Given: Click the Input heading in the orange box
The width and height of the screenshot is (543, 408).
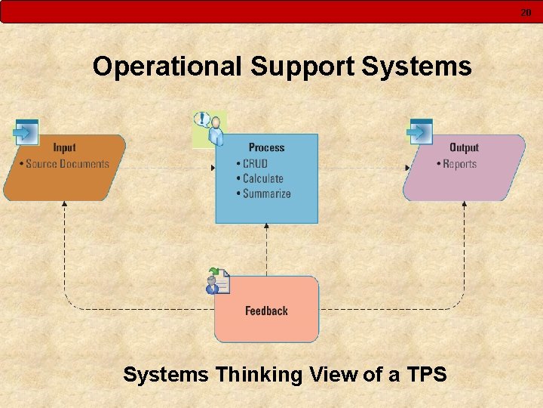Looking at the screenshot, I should pos(64,148).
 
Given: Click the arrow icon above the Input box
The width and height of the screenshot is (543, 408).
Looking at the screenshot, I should pos(26,133).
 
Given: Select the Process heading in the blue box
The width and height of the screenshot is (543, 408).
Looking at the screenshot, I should pos(266,148).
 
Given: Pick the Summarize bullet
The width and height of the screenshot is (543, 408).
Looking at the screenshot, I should pos(266,194).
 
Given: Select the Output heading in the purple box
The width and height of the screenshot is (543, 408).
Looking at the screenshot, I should pos(464,148).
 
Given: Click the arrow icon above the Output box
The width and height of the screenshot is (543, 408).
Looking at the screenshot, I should pos(419,133).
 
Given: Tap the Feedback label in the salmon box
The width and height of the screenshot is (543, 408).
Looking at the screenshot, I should pos(266,311).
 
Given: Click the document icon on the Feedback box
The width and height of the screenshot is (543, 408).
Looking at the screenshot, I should pos(219,281).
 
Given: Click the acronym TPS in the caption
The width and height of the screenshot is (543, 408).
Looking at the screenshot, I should pos(427,374).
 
